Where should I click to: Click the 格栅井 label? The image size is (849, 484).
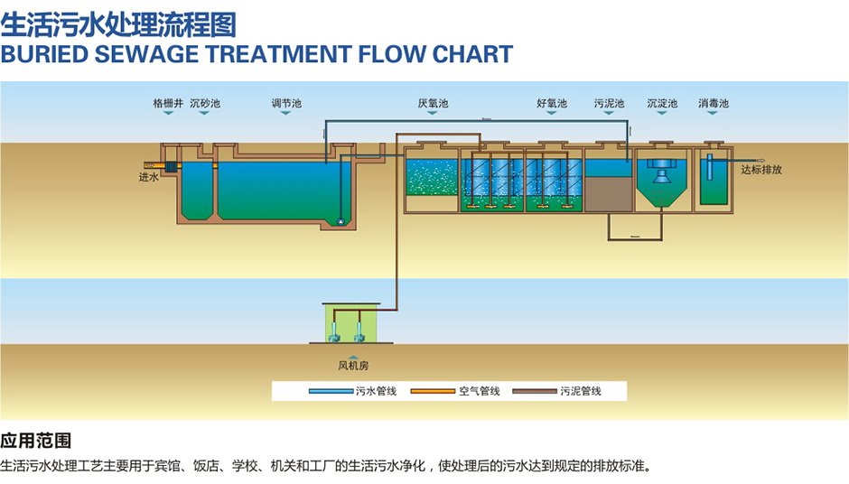(167, 104)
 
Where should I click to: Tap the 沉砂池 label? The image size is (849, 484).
(205, 104)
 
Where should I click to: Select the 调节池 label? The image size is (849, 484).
(286, 104)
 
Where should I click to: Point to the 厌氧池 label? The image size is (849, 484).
(433, 104)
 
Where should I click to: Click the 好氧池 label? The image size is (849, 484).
(551, 104)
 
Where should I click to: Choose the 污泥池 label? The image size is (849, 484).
(609, 104)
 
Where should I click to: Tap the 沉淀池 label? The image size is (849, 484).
(662, 104)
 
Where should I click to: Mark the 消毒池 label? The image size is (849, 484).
(714, 104)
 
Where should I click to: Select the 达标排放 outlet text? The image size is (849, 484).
(760, 170)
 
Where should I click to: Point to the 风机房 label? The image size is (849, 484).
(353, 366)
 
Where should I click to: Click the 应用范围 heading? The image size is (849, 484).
(36, 442)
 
